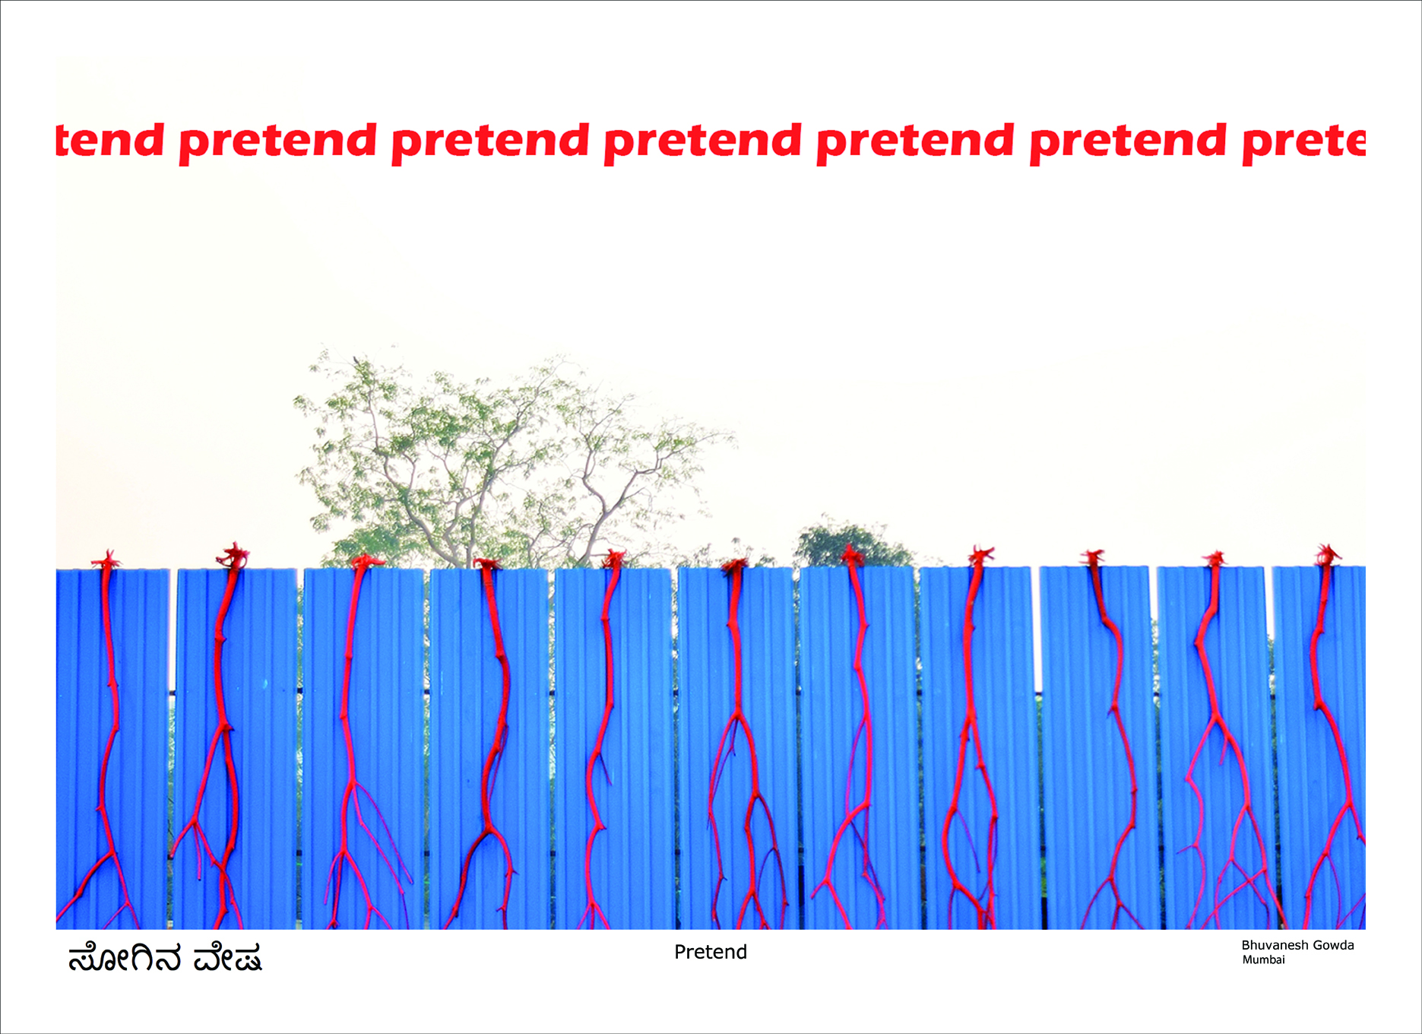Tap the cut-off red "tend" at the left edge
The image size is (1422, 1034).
pos(110,140)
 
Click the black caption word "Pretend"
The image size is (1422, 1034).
pos(711,952)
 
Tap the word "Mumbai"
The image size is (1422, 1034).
pos(1263,959)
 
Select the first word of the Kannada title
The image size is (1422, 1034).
pos(125,958)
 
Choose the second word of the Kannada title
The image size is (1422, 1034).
pos(228,958)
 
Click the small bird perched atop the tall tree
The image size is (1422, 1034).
pos(356,360)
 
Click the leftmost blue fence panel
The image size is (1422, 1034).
pos(112,749)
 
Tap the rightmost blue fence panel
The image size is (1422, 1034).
pos(1319,747)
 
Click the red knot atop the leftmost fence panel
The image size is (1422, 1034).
pos(106,561)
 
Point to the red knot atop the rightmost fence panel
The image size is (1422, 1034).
pos(1328,555)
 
